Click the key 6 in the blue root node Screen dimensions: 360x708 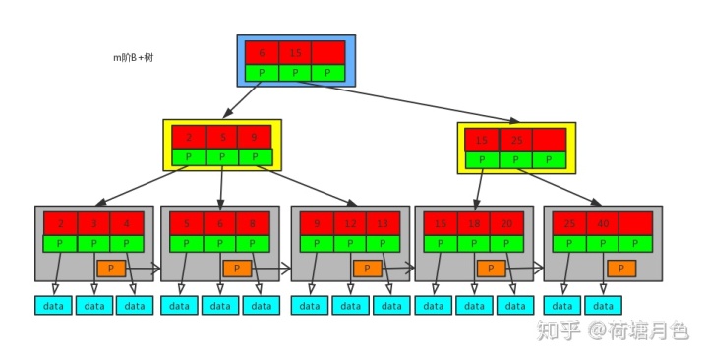(x=261, y=53)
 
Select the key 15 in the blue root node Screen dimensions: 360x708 (x=294, y=53)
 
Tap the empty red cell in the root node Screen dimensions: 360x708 (x=328, y=53)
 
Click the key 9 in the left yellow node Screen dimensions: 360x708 (x=255, y=137)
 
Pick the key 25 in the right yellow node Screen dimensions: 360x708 (x=515, y=140)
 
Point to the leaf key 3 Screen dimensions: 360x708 (x=93, y=223)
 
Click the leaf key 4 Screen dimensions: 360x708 (x=127, y=223)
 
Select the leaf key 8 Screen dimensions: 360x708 (x=253, y=223)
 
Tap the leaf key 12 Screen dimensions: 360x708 (x=350, y=223)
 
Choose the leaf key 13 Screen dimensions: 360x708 (x=383, y=223)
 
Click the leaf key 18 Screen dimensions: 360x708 (x=474, y=223)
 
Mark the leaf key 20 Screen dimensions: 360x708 (x=507, y=223)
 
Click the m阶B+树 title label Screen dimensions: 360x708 (x=133, y=58)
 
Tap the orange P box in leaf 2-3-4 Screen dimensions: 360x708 (x=110, y=268)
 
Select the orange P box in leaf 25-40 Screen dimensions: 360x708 (x=620, y=268)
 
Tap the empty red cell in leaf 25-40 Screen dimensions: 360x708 (x=635, y=223)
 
